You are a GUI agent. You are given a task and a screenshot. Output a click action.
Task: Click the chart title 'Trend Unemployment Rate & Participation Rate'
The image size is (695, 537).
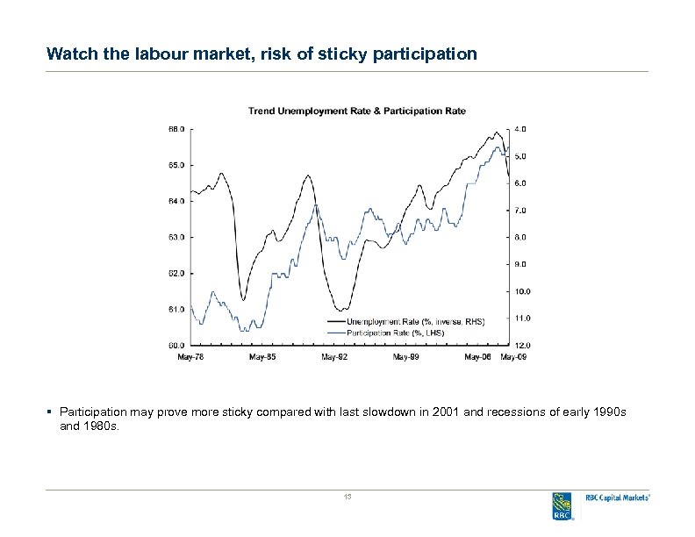[356, 111]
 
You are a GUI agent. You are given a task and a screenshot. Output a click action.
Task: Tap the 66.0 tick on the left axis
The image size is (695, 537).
[176, 129]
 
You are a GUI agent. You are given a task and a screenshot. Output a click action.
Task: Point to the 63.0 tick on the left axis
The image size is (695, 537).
[176, 237]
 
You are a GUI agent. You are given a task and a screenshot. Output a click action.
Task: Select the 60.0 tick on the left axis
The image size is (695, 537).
[176, 345]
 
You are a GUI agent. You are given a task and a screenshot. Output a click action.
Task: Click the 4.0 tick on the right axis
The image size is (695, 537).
[520, 129]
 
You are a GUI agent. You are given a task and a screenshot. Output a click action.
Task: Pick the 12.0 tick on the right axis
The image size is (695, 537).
[520, 345]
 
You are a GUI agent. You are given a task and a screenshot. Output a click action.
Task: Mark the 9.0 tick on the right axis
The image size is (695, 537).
[520, 264]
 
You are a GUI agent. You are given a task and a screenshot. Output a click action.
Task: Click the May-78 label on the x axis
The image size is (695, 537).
[190, 357]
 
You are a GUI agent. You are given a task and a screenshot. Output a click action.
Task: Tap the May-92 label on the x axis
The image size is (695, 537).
[334, 357]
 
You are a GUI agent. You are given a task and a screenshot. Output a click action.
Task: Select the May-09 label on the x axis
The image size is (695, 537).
[513, 357]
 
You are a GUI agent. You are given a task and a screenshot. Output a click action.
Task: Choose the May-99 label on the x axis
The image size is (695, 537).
[405, 357]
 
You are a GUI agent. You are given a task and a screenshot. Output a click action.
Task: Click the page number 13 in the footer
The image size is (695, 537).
[347, 498]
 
